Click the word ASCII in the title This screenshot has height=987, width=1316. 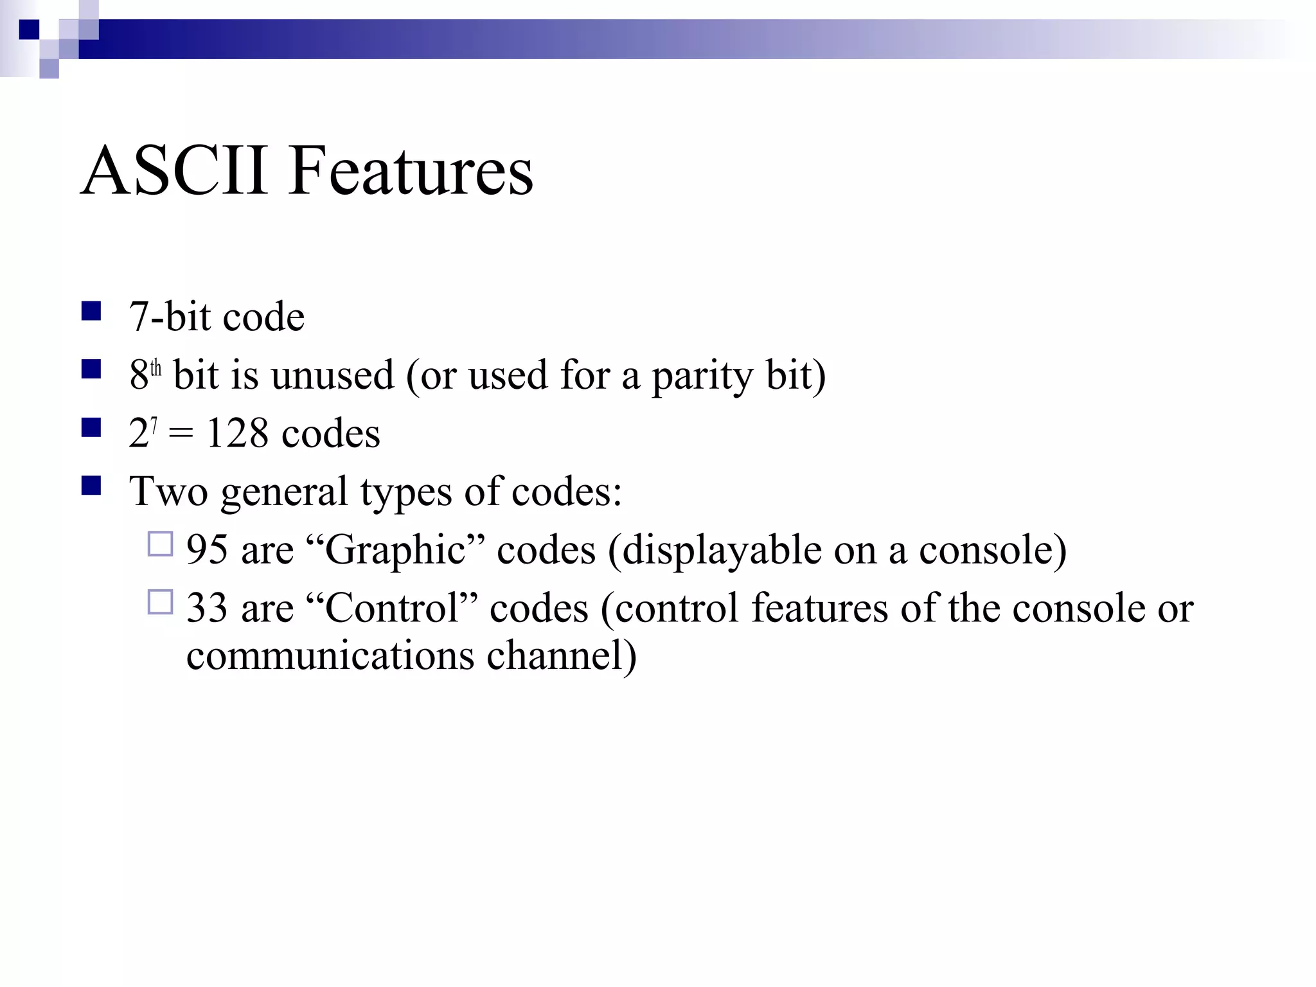[174, 171]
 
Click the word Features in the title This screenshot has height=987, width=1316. [411, 171]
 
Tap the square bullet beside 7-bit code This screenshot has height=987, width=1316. [91, 311]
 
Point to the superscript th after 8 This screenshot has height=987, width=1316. [156, 369]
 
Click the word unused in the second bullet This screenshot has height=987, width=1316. [332, 375]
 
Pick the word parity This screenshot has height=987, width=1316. [702, 377]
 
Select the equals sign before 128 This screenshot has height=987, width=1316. [181, 434]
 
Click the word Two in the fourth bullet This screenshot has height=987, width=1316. [168, 492]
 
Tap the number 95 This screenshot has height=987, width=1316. [207, 550]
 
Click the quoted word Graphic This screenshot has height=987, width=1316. [395, 551]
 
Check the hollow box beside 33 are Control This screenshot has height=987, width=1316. [160, 602]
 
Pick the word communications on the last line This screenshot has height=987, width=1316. [330, 655]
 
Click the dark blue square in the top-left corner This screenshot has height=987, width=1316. [29, 30]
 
